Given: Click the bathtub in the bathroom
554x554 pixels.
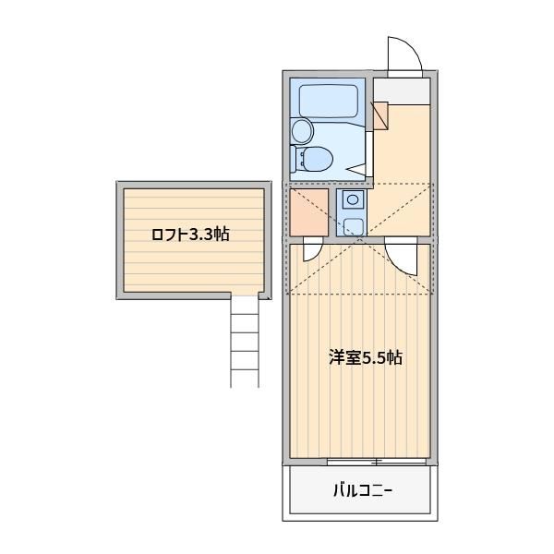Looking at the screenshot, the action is click(328, 101).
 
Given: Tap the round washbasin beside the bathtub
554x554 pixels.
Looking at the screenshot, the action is click(303, 131).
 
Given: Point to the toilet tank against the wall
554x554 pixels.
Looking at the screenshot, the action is click(294, 159).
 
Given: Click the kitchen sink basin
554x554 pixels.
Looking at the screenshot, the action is click(353, 226).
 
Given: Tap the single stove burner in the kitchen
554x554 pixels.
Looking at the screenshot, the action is click(353, 199).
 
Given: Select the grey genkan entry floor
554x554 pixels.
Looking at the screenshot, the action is click(402, 91).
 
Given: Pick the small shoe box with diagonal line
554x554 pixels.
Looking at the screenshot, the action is click(380, 116).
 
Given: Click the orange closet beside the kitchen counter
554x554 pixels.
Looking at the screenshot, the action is click(309, 212).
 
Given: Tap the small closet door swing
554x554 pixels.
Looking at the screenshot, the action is click(313, 249).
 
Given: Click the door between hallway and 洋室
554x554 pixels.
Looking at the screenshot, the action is click(402, 256).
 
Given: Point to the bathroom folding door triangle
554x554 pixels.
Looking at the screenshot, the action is click(357, 169).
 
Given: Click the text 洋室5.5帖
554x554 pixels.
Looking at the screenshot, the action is click(365, 358).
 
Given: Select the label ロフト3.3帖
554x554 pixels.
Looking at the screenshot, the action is click(190, 235).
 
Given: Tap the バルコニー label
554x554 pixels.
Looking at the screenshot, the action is click(363, 490).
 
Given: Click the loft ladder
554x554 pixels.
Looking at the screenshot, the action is click(245, 341).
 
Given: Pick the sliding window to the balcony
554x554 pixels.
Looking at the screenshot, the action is click(377, 461).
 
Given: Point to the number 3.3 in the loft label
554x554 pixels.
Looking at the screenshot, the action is click(201, 235).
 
